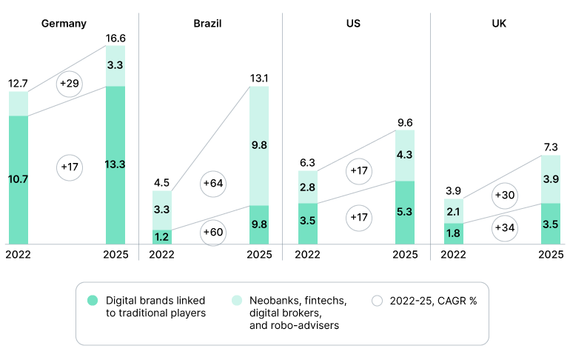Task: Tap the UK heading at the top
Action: pyautogui.click(x=500, y=23)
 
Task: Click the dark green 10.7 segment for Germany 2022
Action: pyautogui.click(x=19, y=179)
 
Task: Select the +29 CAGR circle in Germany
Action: pyautogui.click(x=70, y=84)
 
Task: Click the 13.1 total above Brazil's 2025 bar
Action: pyautogui.click(x=259, y=77)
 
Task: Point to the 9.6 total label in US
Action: pyautogui.click(x=405, y=122)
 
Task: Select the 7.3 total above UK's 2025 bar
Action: pyautogui.click(x=551, y=146)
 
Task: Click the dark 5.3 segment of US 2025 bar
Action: pyautogui.click(x=405, y=213)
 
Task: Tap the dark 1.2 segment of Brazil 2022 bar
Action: pyautogui.click(x=162, y=237)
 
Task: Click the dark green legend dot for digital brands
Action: pyautogui.click(x=93, y=301)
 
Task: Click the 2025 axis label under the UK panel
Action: pyautogui.click(x=551, y=255)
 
